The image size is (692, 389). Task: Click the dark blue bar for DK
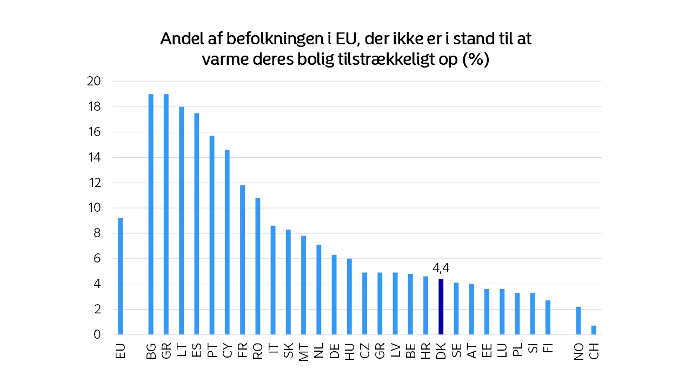tap(441, 306)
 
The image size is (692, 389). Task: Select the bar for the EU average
tap(120, 276)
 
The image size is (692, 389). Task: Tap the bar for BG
tap(151, 214)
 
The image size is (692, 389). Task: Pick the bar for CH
tap(594, 330)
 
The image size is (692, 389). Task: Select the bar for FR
tap(242, 260)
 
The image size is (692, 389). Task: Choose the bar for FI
tap(548, 317)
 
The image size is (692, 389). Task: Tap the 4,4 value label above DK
tap(441, 268)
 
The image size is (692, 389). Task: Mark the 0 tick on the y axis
tap(97, 334)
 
